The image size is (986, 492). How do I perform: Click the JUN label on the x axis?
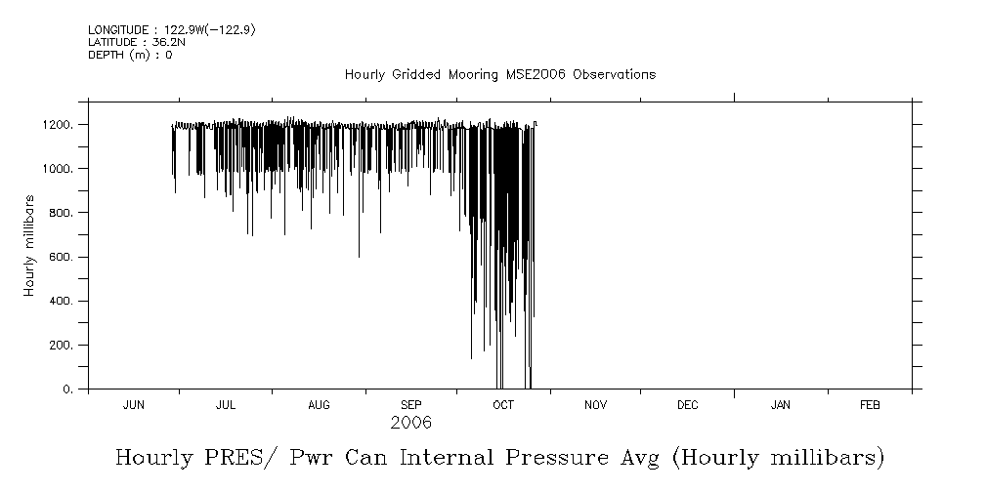click(134, 405)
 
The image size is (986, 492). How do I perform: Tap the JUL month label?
click(226, 405)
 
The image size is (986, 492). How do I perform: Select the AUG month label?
click(319, 405)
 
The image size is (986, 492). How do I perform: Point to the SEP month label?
click(411, 405)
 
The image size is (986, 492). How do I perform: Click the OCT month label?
click(503, 405)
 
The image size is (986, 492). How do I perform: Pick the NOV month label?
click(596, 405)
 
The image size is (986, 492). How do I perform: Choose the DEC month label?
click(687, 405)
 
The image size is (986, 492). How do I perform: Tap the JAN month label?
click(781, 405)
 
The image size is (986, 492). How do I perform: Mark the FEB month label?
click(870, 405)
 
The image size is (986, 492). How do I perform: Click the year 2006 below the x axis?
click(410, 424)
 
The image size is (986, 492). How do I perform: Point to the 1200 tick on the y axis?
click(58, 125)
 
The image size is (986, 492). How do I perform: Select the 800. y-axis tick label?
click(61, 213)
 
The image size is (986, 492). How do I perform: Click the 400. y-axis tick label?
click(61, 301)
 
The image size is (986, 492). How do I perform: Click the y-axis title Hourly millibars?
click(30, 245)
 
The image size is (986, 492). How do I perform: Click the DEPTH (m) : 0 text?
click(130, 55)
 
